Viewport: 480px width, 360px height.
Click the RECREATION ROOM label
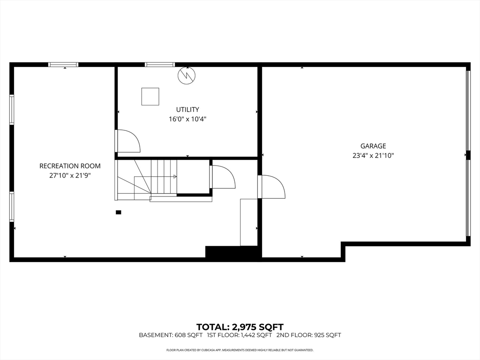pos(70,166)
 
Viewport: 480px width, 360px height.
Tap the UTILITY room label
pos(187,110)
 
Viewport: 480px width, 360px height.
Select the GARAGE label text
pos(373,146)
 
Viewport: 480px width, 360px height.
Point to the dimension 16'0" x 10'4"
pos(187,119)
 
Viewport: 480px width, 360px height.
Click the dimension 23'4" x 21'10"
pos(373,156)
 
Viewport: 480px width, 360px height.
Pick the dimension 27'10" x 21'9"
pos(70,175)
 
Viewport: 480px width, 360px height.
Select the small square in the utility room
pos(150,97)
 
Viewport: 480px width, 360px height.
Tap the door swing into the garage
pos(272,187)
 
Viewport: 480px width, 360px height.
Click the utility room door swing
pos(127,141)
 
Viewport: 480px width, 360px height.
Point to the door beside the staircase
pos(223,177)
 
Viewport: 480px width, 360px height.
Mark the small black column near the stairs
pos(119,212)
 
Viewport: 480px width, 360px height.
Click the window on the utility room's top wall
pos(159,65)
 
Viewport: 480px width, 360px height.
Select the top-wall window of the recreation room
pos(64,65)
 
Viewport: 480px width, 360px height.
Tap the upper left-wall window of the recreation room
pos(12,110)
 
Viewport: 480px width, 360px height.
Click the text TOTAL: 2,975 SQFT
pos(240,327)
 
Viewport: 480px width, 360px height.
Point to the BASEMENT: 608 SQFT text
pos(171,335)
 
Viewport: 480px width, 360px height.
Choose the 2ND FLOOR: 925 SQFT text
pos(308,335)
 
